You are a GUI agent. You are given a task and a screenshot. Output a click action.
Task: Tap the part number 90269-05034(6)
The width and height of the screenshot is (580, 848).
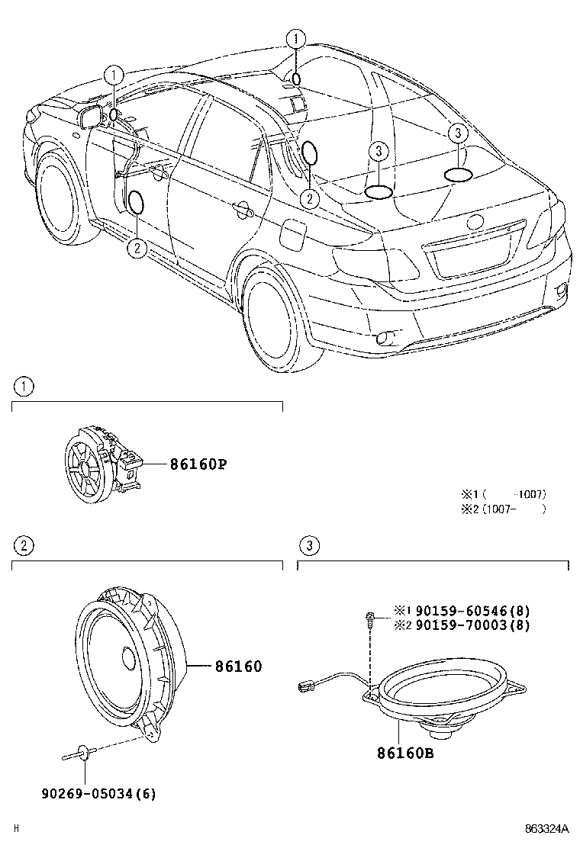(x=98, y=793)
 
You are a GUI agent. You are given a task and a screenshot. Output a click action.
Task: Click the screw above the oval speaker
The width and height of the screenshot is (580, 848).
(x=369, y=618)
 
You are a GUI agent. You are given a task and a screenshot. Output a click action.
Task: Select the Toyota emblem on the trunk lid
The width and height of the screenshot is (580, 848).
(x=475, y=223)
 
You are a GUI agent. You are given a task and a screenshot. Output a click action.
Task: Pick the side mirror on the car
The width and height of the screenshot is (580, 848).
(x=91, y=117)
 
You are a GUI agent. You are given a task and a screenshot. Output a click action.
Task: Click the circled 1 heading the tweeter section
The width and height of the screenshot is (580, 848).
(x=24, y=387)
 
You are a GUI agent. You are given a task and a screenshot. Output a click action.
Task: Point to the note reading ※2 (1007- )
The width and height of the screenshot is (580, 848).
(x=503, y=509)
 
